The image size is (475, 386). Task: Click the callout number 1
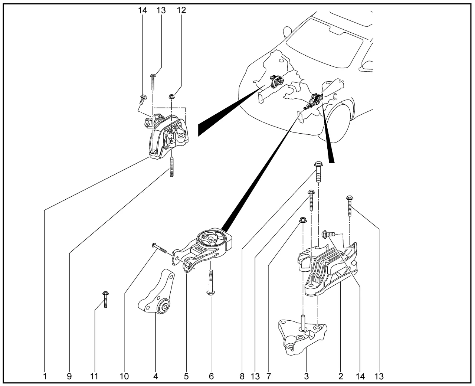click(45, 376)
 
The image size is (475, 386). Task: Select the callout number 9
click(69, 376)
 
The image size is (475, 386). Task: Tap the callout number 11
click(94, 376)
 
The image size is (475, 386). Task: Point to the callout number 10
click(124, 376)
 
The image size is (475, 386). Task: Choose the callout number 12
click(181, 10)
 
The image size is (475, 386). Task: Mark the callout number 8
click(242, 376)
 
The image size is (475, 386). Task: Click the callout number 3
click(307, 376)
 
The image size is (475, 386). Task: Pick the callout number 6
click(212, 376)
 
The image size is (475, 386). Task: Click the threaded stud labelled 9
click(172, 167)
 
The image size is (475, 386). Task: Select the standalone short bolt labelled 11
click(105, 299)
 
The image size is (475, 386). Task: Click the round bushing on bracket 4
click(163, 307)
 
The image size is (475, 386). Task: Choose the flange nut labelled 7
click(302, 220)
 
